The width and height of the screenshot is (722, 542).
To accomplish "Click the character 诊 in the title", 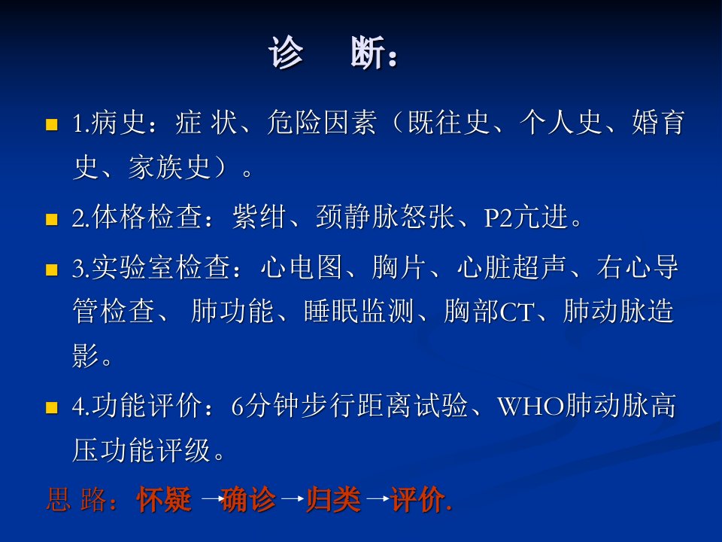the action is [286, 53].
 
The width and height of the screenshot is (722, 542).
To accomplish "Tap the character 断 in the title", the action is [368, 53].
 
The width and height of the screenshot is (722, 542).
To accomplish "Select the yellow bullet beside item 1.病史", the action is [52, 124].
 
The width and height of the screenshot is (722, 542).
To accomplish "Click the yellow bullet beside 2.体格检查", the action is [52, 218].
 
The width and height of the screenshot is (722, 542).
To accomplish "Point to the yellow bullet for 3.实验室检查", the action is [52, 269].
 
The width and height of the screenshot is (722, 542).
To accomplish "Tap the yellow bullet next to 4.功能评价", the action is [52, 407].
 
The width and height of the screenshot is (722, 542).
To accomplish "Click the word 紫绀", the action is [259, 217].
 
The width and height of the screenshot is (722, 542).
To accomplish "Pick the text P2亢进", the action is [526, 217].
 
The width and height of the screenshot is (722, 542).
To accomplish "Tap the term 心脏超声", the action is [511, 266].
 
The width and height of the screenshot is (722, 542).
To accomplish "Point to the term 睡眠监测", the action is [359, 311].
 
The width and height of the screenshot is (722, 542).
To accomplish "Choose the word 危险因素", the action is [322, 123].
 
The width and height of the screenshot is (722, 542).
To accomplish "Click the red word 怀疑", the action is [164, 499].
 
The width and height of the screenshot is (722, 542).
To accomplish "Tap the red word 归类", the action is [334, 499].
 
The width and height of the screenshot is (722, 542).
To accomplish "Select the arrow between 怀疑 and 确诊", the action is [211, 498].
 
